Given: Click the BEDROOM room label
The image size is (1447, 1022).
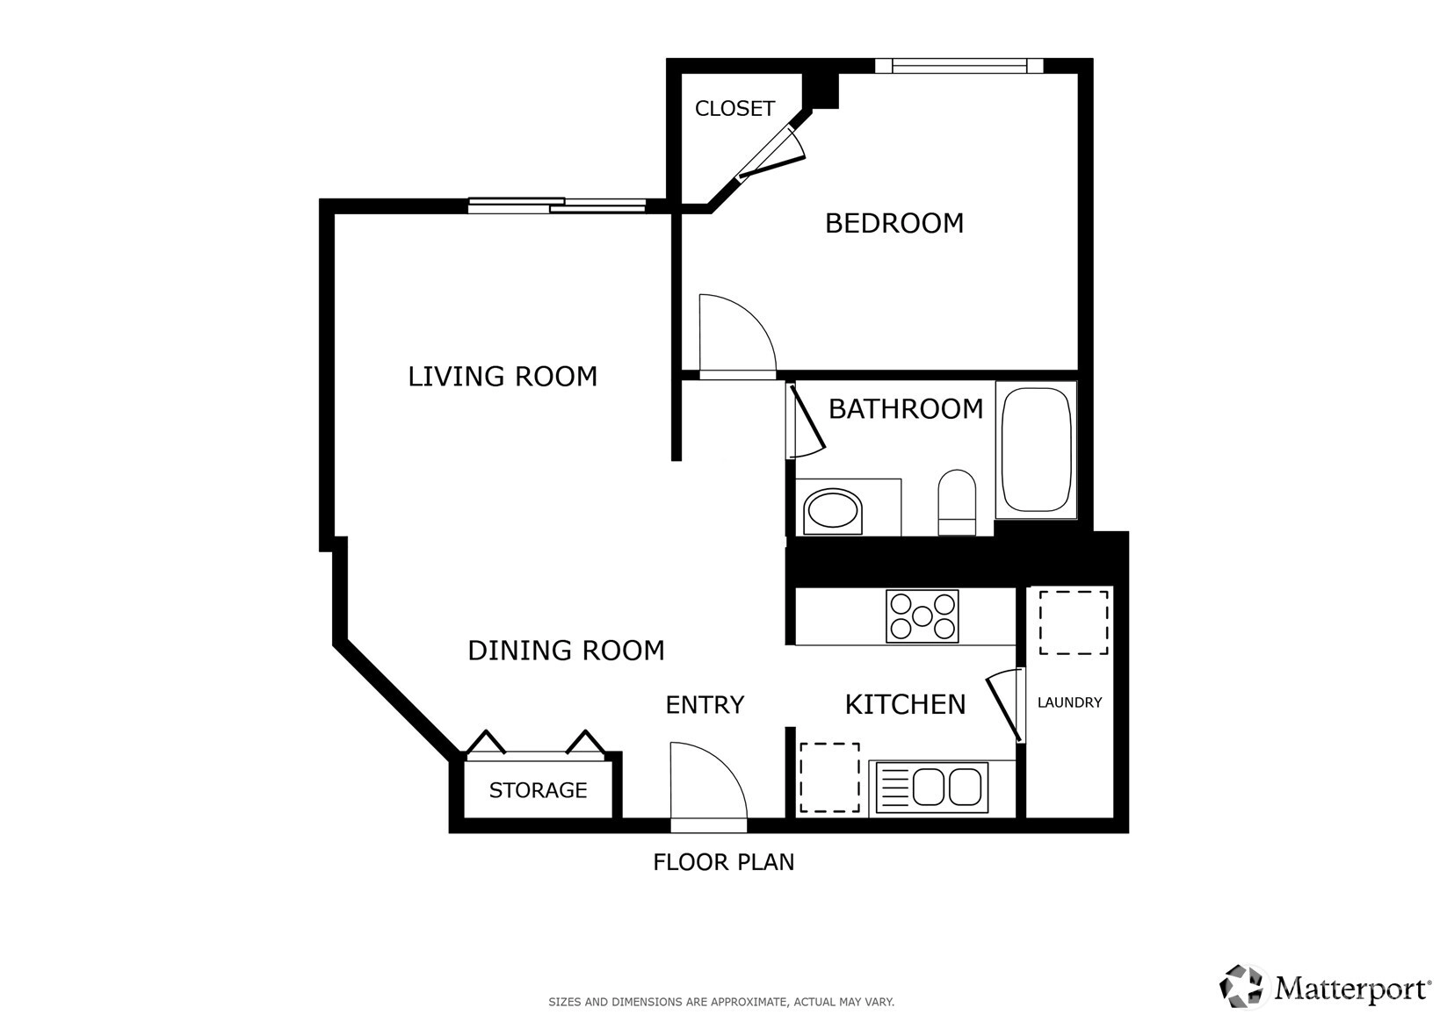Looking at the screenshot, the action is tap(894, 223).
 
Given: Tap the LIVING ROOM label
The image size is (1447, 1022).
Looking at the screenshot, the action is tap(503, 377).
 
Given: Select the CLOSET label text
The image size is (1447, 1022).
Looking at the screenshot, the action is tap(734, 109).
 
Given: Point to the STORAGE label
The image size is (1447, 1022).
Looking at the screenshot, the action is tap(538, 789).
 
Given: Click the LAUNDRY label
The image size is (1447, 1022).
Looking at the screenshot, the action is tap(1070, 702).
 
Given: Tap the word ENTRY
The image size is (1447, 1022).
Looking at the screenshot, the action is tap(705, 705).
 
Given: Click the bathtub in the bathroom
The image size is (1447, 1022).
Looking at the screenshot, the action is tap(1036, 450).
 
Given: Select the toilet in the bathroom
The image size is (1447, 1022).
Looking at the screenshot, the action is tap(957, 502).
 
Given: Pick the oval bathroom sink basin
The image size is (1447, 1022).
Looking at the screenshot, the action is tap(833, 511).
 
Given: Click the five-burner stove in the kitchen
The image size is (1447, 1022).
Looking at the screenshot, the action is tap(922, 616).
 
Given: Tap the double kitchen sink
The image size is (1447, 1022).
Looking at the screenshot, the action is tap(931, 787).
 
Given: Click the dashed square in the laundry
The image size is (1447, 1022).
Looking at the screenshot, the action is tap(1074, 623).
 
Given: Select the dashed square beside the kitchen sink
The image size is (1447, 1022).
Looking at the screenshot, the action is tap(830, 777).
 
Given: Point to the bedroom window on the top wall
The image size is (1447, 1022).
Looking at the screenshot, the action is tap(959, 66).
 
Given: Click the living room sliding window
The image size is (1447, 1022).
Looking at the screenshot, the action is tap(557, 206).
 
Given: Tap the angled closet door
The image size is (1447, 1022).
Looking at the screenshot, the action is tap(771, 154).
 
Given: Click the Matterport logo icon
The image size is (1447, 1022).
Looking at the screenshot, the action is tap(1241, 987).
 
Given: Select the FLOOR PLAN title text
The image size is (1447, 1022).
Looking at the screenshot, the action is tap(724, 862).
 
